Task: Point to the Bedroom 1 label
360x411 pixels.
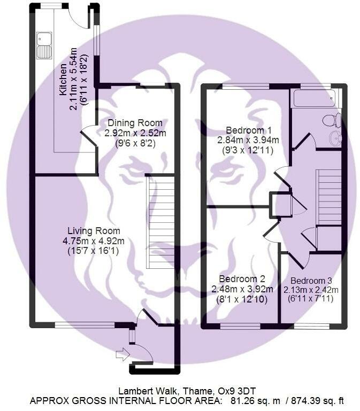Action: pyautogui.click(x=244, y=130)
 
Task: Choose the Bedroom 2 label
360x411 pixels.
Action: pyautogui.click(x=242, y=279)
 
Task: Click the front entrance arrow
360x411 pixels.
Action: pyautogui.click(x=122, y=354)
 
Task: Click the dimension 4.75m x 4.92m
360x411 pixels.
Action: pyautogui.click(x=94, y=241)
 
